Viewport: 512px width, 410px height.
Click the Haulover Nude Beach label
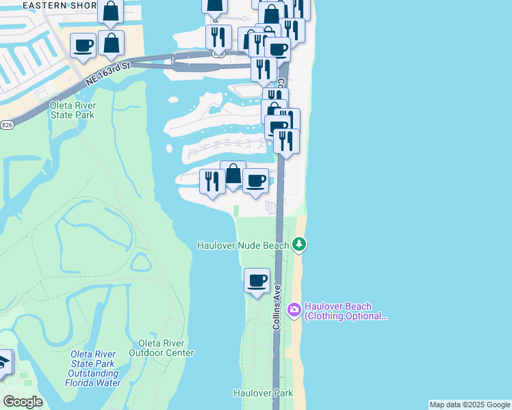click(x=242, y=245)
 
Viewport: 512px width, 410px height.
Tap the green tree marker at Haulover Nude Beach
click(x=298, y=244)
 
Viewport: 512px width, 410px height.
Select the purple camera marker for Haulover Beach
click(x=294, y=310)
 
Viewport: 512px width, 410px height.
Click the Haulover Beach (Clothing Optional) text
click(x=346, y=311)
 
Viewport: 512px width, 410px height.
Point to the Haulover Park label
click(x=263, y=393)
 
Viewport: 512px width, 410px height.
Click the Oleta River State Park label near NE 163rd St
click(x=73, y=110)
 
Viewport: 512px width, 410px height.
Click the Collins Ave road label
click(x=277, y=308)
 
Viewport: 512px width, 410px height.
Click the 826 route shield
click(x=6, y=124)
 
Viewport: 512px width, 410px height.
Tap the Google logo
click(x=23, y=401)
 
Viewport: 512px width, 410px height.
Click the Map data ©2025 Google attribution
click(x=470, y=405)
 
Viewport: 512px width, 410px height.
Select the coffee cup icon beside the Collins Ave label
click(x=257, y=280)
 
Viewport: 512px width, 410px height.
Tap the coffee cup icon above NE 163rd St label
click(x=84, y=46)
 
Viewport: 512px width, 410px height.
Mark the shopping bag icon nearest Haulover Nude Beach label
click(x=233, y=174)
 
